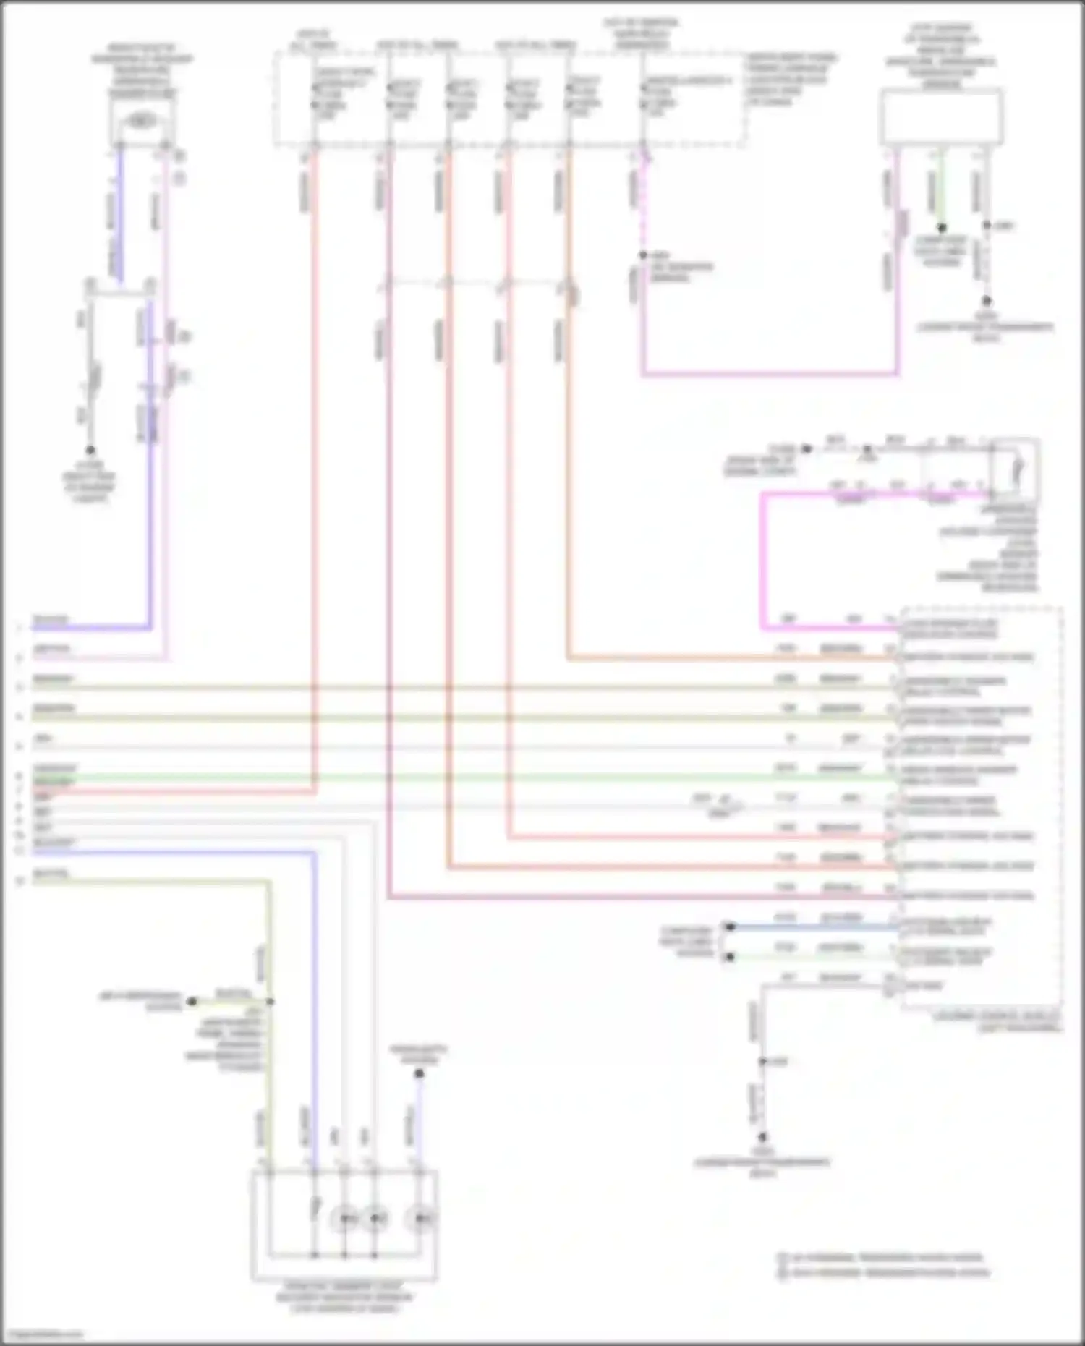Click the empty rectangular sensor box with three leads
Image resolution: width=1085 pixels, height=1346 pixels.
click(941, 116)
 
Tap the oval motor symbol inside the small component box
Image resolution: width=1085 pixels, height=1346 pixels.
click(142, 121)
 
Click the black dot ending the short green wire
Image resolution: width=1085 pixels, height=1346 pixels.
click(941, 227)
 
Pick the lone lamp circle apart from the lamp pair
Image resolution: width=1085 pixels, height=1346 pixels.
click(420, 1219)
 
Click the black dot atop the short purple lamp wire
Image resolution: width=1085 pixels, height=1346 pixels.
click(419, 1073)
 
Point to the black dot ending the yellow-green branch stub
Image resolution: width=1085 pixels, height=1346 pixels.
click(192, 1002)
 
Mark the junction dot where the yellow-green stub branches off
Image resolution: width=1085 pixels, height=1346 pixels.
click(270, 1002)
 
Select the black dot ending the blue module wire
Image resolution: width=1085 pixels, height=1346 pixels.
click(730, 927)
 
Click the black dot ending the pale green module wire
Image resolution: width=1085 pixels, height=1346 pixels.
click(730, 957)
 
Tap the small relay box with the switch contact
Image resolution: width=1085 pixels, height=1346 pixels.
click(1016, 470)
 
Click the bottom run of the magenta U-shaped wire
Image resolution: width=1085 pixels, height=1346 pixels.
click(770, 374)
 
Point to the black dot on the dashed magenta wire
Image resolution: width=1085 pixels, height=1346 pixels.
click(642, 255)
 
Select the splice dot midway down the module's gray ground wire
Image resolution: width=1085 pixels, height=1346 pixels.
click(762, 1061)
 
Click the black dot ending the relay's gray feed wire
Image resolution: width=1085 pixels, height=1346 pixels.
click(807, 448)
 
